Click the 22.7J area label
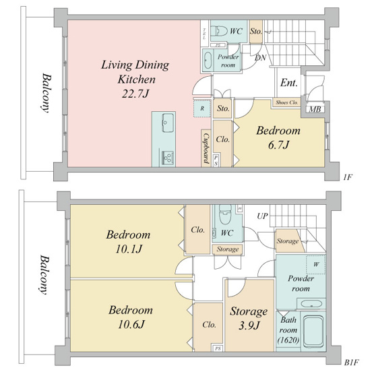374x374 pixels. [x=135, y=94]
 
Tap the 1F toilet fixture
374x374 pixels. [x=219, y=31]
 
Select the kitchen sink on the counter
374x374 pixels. [x=168, y=123]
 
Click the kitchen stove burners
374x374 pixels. [x=168, y=157]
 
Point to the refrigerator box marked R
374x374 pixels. [x=202, y=108]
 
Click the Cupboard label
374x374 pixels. [x=206, y=148]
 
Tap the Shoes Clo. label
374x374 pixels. [x=287, y=102]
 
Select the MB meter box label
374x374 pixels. [x=315, y=109]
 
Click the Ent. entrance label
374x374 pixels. [x=289, y=83]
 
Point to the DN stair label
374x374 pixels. [x=260, y=57]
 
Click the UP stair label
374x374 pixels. [x=262, y=216]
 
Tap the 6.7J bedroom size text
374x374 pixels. [x=278, y=145]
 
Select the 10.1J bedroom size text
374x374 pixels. [x=129, y=249]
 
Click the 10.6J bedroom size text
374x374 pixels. [x=131, y=324]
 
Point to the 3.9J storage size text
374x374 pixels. [x=249, y=325]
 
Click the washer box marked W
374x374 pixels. [x=316, y=264]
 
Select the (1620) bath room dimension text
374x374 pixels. [x=288, y=340]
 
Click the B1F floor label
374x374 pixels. [x=352, y=363]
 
